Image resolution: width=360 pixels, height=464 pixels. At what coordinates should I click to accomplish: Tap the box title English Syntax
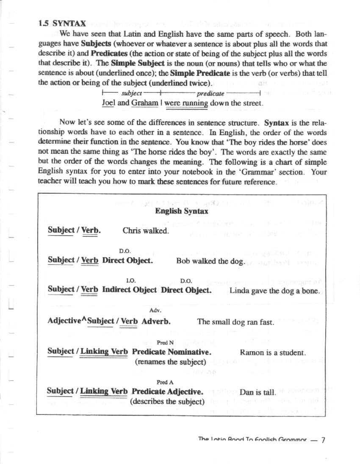181,211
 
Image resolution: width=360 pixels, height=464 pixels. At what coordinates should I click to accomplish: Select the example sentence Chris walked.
146,231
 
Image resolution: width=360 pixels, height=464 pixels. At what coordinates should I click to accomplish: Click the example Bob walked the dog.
210,261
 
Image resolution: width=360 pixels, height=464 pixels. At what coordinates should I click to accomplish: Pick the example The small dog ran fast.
235,322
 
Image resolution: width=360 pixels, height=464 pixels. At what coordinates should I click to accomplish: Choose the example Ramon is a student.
272,352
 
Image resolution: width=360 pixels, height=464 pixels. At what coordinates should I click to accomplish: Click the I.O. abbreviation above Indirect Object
131,281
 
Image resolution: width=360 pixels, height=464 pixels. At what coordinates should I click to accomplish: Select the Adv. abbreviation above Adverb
155,311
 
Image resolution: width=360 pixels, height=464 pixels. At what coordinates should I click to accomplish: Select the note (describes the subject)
167,401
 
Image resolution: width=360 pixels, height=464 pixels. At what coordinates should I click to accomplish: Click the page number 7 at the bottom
323,440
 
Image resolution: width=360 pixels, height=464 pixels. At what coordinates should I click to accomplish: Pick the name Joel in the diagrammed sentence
109,103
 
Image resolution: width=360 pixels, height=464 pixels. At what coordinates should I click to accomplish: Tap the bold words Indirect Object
130,290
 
